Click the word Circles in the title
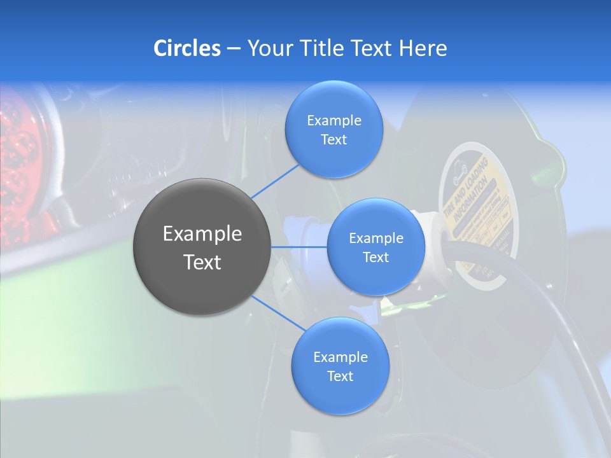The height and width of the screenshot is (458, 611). coord(187,48)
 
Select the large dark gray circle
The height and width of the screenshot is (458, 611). coord(202,247)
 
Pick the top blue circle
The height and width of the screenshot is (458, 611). coord(334,130)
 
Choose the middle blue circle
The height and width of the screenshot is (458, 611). coord(376,247)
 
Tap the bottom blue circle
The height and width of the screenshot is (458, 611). coord(340,366)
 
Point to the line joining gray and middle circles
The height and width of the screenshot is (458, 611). coord(299,247)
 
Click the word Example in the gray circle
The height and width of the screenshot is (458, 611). coord(202,234)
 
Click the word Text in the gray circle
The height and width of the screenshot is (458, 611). coord(202,262)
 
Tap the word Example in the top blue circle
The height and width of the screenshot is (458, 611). coord(334,121)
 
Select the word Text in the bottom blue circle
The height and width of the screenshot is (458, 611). coord(340,376)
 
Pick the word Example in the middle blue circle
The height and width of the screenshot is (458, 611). coord(376,239)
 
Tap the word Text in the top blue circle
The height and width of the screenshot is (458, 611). coord(334,139)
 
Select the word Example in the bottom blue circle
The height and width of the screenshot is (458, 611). coord(340,357)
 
